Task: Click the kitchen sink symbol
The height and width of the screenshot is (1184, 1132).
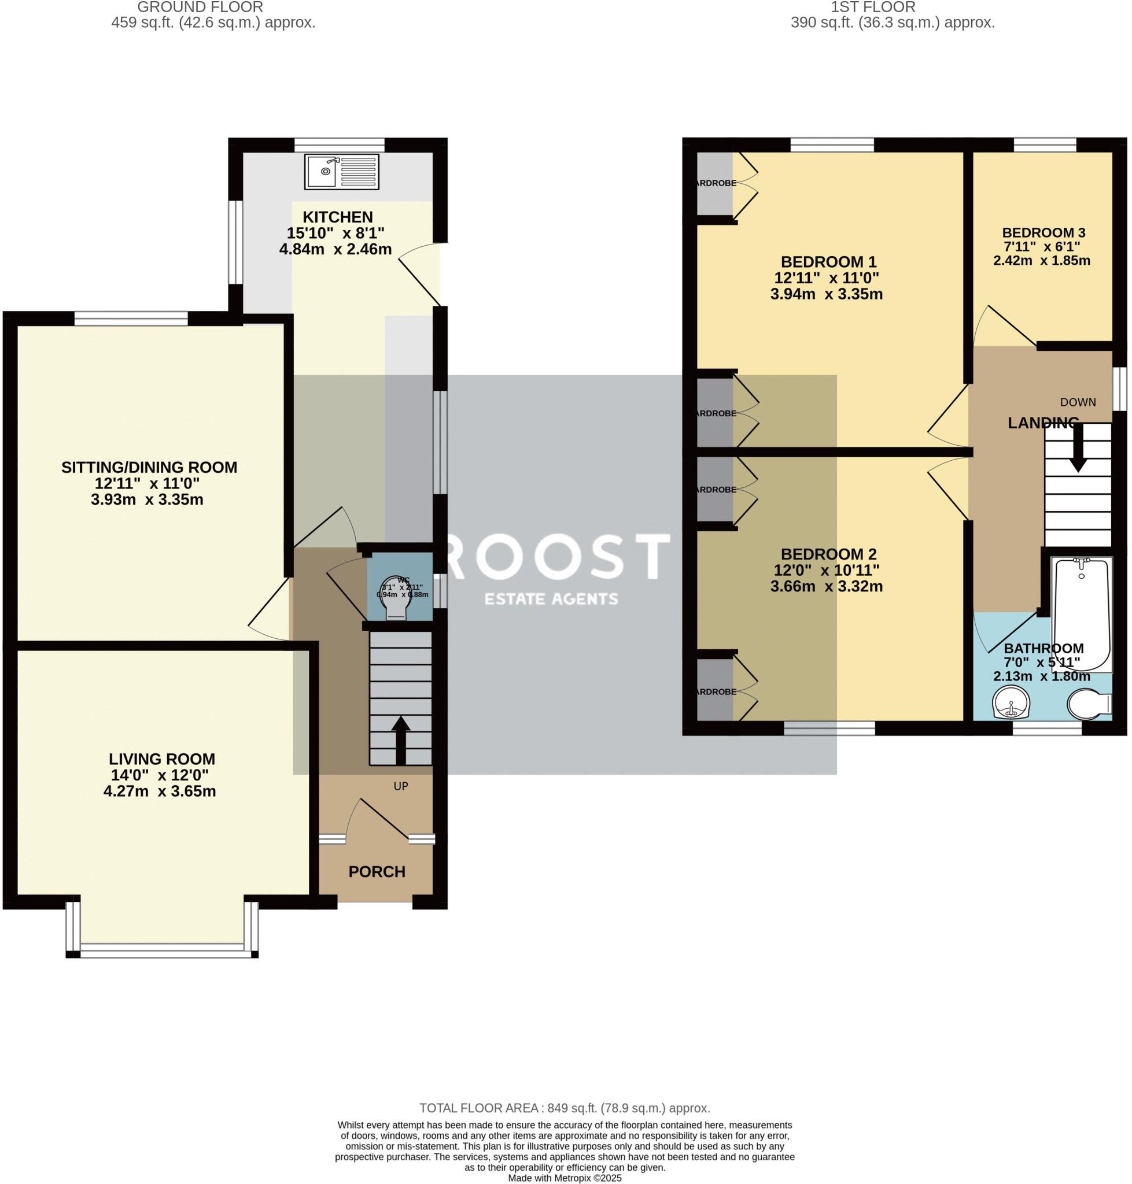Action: click(x=341, y=171)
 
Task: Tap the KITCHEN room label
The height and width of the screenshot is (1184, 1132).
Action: click(x=337, y=217)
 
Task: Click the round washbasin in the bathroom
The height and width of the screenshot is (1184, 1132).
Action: click(x=1010, y=705)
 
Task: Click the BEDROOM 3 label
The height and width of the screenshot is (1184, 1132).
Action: click(x=1043, y=233)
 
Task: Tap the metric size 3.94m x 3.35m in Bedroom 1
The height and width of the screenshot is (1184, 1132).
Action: click(x=826, y=294)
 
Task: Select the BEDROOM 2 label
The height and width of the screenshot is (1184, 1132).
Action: click(x=828, y=554)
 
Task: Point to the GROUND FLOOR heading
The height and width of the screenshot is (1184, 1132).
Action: click(x=200, y=8)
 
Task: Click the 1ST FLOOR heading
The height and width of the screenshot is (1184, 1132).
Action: click(x=872, y=8)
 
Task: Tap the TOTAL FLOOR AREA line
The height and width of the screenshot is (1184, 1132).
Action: click(x=564, y=1108)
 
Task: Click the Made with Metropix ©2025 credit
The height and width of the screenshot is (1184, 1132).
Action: click(x=564, y=1178)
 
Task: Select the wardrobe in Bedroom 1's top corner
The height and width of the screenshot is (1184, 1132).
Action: click(x=714, y=183)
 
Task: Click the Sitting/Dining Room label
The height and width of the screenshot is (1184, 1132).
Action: click(x=149, y=467)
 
